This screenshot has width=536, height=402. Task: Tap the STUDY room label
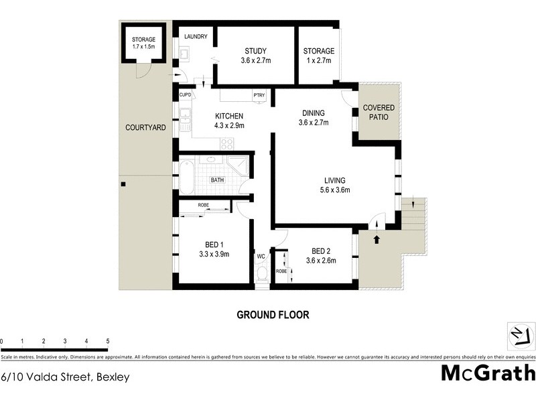[x=255, y=51]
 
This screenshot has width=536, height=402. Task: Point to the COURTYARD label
[x=145, y=127]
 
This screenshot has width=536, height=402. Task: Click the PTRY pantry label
[x=259, y=95]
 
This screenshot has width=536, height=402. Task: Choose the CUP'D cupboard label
[x=186, y=95]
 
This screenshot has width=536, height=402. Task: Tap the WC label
[x=261, y=256]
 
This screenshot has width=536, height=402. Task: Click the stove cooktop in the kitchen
[x=226, y=142]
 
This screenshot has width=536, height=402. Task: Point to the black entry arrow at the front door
[x=376, y=238]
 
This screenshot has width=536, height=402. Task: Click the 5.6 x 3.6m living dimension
[x=334, y=190]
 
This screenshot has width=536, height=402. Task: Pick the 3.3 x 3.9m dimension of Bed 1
[x=214, y=254]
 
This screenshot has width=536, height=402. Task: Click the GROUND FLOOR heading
[x=273, y=314]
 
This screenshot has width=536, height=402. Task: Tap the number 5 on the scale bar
[x=107, y=341]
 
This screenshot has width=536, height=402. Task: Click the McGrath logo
[x=488, y=373]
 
